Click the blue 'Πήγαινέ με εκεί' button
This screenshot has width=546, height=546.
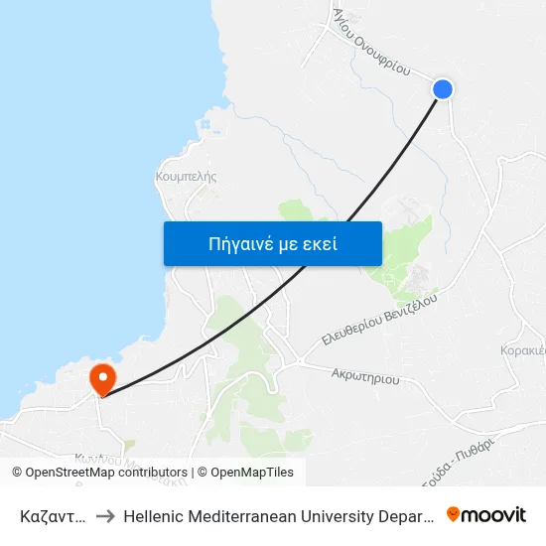tap(272, 243)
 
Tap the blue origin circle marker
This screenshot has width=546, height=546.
tap(443, 89)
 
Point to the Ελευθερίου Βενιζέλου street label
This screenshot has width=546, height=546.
tap(379, 320)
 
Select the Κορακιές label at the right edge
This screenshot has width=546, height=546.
tap(523, 351)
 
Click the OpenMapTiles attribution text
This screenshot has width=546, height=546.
tap(252, 473)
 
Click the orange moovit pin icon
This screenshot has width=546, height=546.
tap(453, 514)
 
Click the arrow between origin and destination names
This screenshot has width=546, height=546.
tap(104, 515)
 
